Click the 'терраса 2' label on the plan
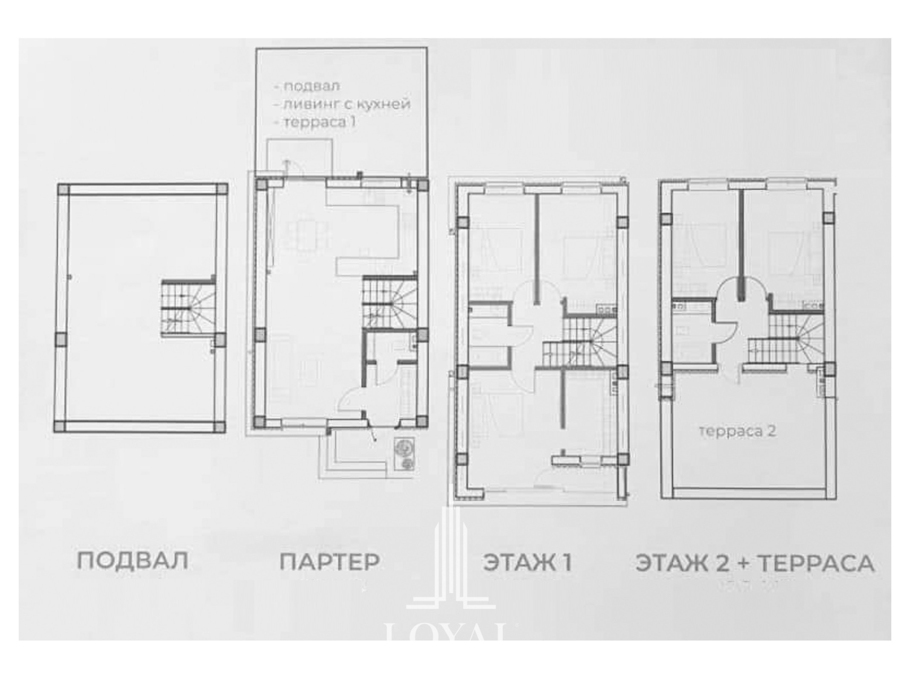click(x=737, y=431)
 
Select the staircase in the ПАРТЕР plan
click(x=389, y=302)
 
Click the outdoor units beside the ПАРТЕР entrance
click(x=405, y=454)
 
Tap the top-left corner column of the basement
click(x=63, y=189)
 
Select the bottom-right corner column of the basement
click(x=220, y=427)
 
